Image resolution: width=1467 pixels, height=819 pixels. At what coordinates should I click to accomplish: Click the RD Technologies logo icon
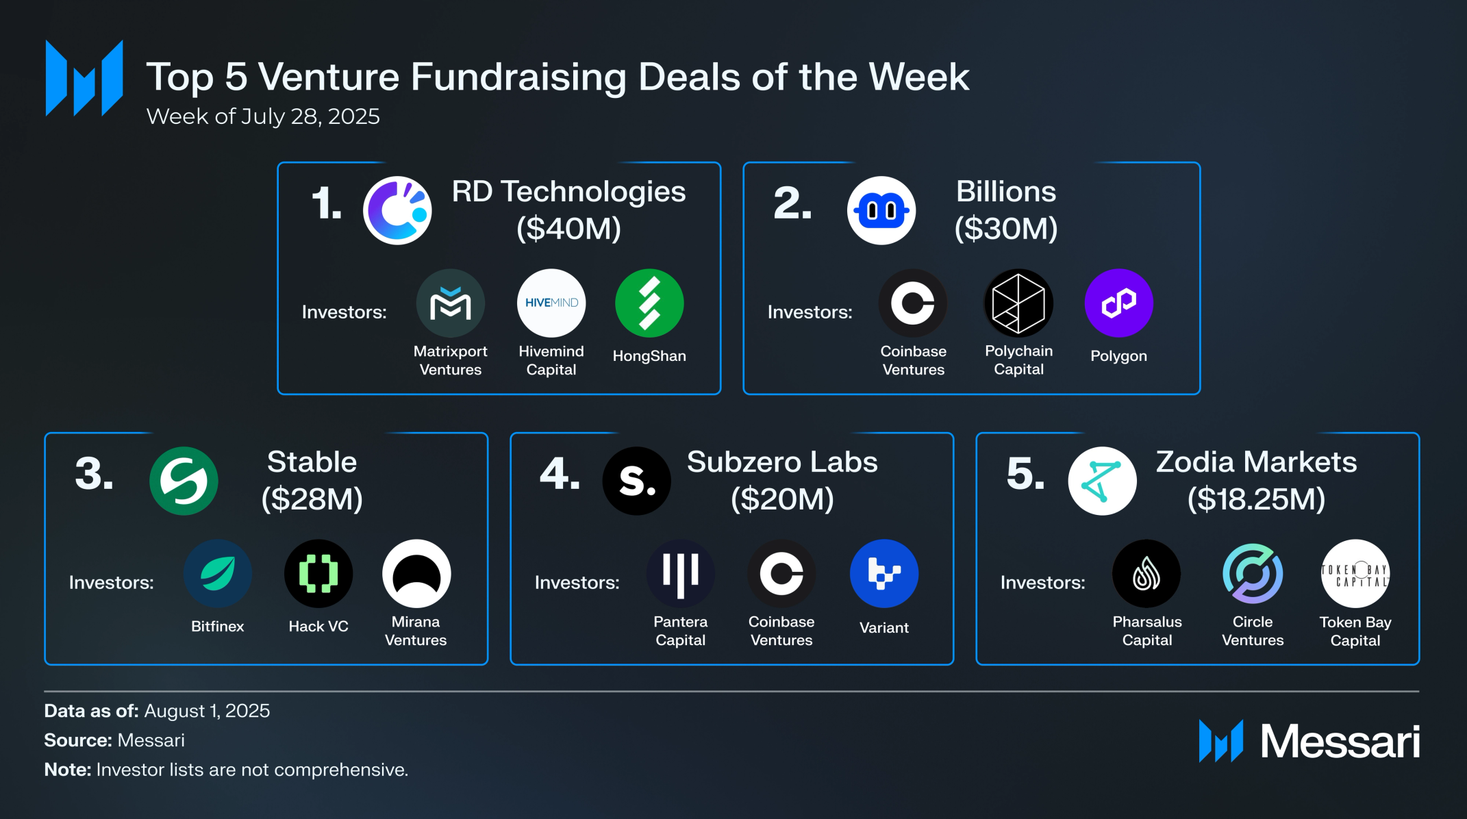coord(397,210)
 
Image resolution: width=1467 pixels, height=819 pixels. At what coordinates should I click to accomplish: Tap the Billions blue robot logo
coord(881,210)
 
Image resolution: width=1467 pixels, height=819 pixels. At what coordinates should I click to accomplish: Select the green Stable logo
coord(184,481)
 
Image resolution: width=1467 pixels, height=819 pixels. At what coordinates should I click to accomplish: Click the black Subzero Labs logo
coord(636,481)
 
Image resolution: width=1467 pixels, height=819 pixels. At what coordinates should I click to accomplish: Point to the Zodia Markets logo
coord(1102,481)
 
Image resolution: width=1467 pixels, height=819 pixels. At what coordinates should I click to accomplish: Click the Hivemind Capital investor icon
coord(551,303)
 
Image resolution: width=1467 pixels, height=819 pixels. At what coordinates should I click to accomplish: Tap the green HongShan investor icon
coord(649,303)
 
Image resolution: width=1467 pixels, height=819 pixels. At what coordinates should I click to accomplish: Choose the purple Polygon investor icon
coord(1118,303)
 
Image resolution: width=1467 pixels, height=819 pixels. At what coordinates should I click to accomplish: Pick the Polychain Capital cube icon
coord(1018,303)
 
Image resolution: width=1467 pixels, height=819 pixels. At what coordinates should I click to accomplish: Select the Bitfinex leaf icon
coord(218,573)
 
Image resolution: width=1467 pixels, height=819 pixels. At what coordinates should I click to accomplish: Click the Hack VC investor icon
coord(318,573)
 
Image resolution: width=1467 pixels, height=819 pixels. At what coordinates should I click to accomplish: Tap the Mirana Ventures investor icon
coord(416,573)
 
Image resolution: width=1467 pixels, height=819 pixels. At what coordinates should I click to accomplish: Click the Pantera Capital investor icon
coord(680,573)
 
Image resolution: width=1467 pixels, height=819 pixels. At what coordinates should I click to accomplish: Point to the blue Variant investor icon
coord(883,573)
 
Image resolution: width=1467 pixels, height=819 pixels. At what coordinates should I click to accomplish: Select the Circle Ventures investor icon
coord(1253,573)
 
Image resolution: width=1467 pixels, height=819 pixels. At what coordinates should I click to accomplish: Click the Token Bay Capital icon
coord(1355,573)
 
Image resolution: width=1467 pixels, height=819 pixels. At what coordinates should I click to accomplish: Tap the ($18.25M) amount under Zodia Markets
coord(1256,499)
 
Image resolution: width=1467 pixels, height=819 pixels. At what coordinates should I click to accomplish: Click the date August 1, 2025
coord(207,711)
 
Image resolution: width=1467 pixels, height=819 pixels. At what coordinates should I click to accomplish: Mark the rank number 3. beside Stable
coord(94,474)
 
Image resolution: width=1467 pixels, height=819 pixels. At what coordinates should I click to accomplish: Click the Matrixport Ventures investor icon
coord(451,303)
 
